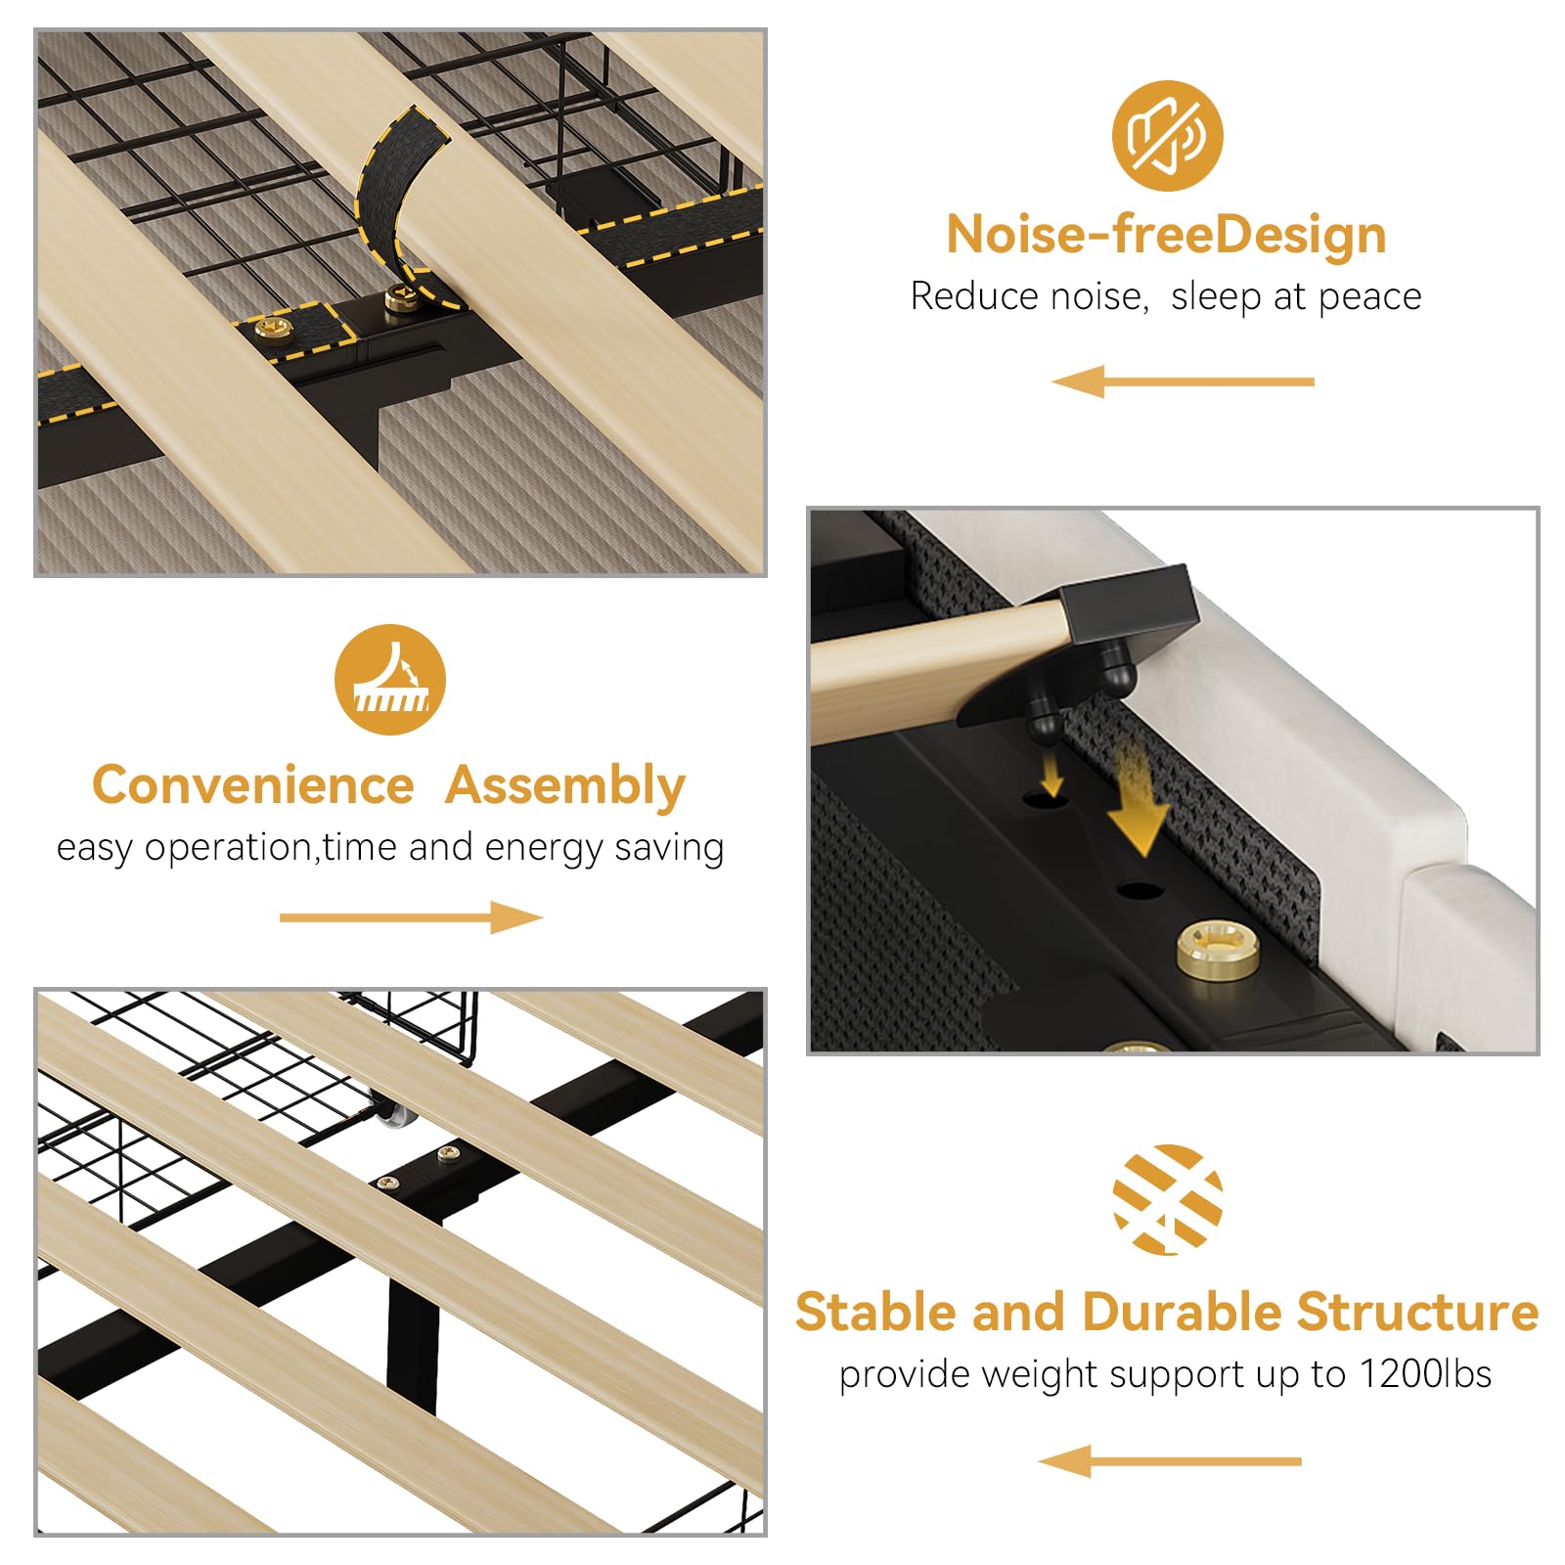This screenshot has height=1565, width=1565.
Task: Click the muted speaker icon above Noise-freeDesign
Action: pyautogui.click(x=1167, y=136)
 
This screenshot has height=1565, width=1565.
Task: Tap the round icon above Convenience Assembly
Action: pyautogui.click(x=390, y=680)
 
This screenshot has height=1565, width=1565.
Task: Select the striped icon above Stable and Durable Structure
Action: pyautogui.click(x=1168, y=1199)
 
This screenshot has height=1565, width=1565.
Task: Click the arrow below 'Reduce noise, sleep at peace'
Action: pyautogui.click(x=1183, y=381)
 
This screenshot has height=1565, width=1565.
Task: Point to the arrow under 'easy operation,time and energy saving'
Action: pyautogui.click(x=411, y=917)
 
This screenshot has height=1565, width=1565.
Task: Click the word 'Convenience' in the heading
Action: pyautogui.click(x=253, y=785)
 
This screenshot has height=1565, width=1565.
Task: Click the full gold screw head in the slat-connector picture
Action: pyautogui.click(x=1217, y=948)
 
